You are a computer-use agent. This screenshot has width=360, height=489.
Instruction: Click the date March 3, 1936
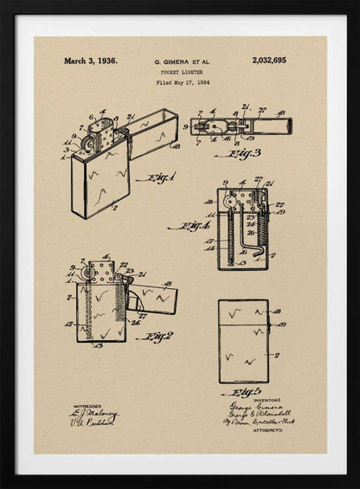click(x=90, y=61)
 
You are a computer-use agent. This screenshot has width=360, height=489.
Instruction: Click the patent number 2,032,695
click(x=269, y=61)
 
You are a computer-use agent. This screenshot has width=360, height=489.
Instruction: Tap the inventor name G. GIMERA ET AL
click(x=181, y=62)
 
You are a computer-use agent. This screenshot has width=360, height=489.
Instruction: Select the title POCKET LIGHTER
click(x=181, y=73)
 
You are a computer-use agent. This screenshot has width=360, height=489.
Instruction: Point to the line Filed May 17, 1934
click(x=182, y=83)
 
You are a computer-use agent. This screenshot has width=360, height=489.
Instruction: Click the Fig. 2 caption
click(x=155, y=336)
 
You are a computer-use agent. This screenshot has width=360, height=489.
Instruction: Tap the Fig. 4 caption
click(x=190, y=227)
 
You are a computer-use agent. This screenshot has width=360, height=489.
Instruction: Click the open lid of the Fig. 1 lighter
click(x=153, y=132)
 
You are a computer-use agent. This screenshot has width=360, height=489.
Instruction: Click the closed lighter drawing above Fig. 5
click(x=243, y=341)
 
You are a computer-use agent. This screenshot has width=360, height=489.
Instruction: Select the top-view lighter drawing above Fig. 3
click(x=241, y=125)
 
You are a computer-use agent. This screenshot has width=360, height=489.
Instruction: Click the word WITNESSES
click(x=87, y=405)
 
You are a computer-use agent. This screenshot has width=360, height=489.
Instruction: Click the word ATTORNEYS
click(x=267, y=428)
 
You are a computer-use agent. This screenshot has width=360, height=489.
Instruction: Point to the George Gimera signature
click(x=251, y=407)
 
